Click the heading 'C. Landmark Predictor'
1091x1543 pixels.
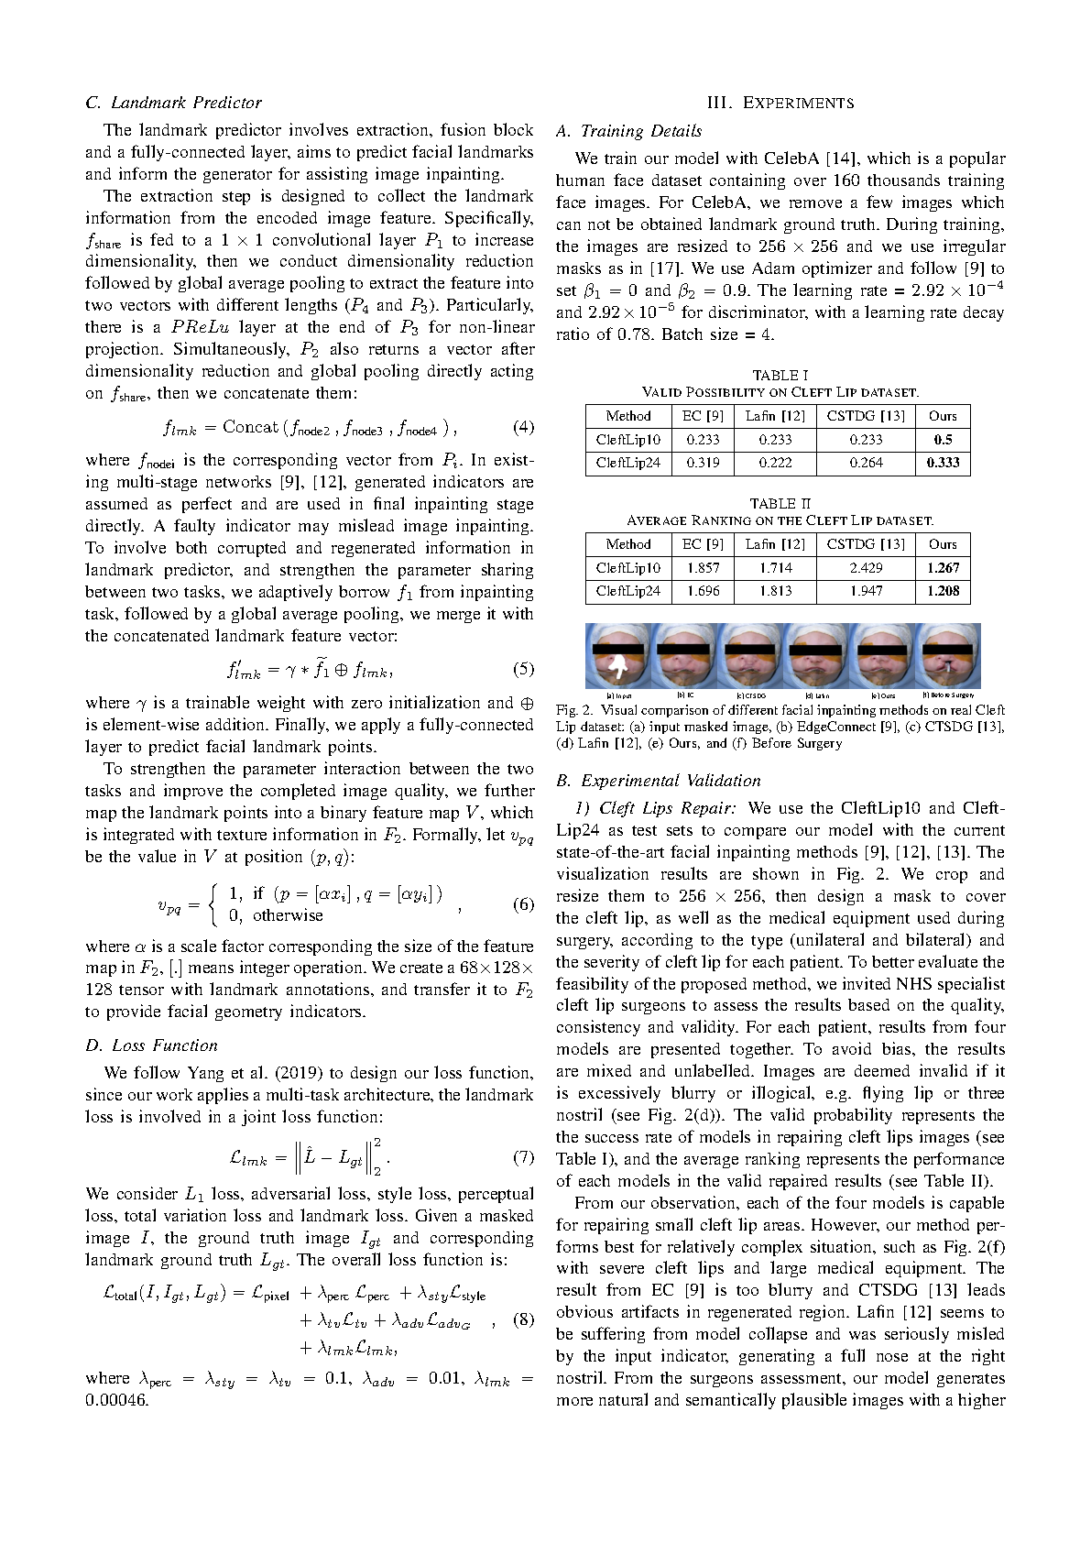tap(173, 103)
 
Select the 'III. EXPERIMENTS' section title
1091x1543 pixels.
tap(780, 103)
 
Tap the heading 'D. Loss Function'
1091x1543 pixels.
tap(151, 1045)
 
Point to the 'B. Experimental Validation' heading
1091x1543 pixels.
tap(658, 781)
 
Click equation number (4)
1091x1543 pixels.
tap(523, 427)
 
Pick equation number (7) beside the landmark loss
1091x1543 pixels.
tap(523, 1157)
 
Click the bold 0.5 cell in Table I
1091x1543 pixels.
tap(943, 440)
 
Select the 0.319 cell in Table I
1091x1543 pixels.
tap(703, 463)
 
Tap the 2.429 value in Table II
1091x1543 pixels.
tap(866, 568)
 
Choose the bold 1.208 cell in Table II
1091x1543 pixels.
tap(943, 591)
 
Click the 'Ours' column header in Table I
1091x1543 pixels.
tap(943, 416)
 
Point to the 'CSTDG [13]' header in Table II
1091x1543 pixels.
tap(866, 544)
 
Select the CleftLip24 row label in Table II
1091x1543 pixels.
tap(627, 591)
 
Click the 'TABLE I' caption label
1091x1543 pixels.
tap(780, 376)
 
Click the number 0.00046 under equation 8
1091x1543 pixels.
tap(116, 1400)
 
